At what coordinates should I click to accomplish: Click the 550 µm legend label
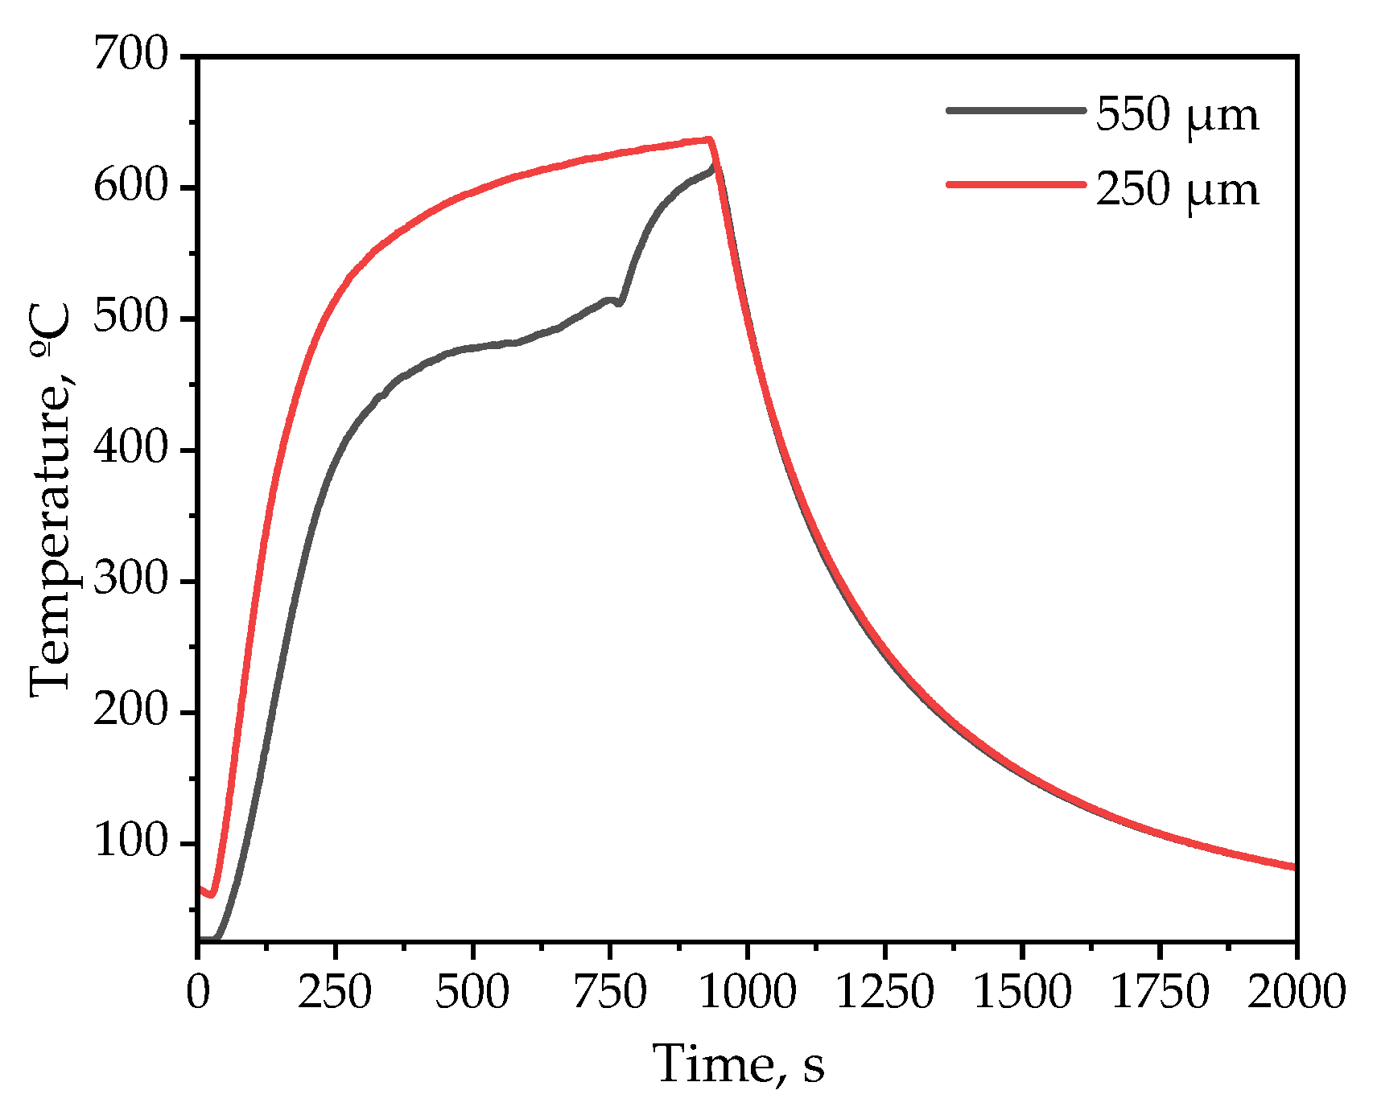coord(1177,115)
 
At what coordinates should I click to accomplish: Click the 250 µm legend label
coord(1177,191)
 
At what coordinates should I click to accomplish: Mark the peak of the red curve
coord(709,140)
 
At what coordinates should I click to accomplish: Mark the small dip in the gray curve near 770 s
coord(620,302)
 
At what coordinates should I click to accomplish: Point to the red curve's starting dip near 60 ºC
coord(211,894)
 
